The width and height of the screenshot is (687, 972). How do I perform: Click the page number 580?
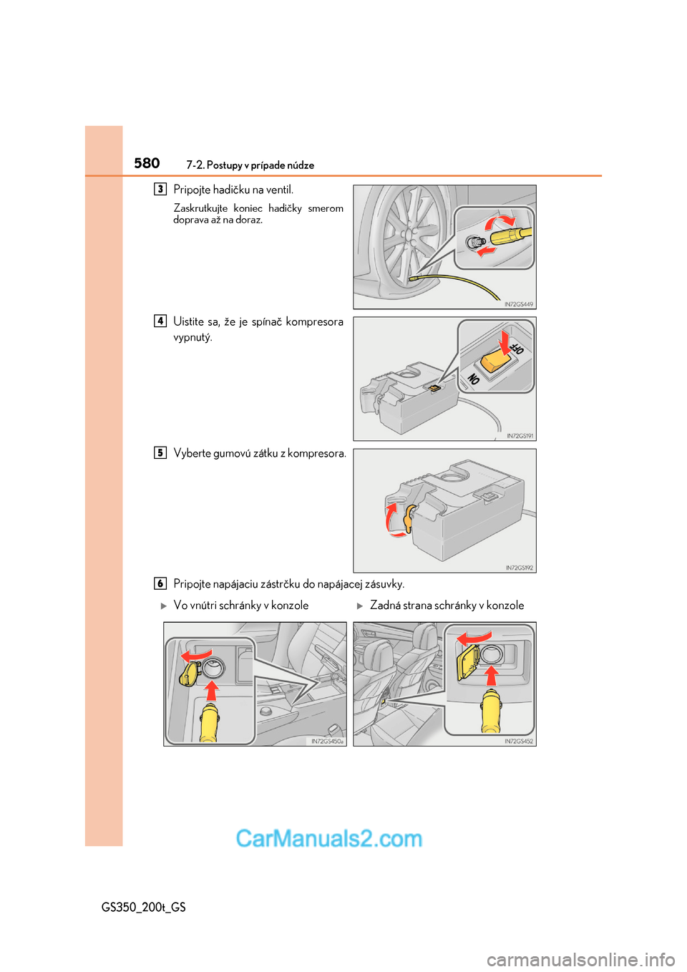tap(147, 163)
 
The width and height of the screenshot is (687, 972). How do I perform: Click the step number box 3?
tap(160, 189)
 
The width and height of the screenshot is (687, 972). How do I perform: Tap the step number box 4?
tap(160, 321)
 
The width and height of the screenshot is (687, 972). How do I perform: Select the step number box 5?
tap(160, 452)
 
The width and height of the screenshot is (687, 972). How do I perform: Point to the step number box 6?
tap(160, 583)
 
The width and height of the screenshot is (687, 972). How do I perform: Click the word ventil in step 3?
tap(280, 190)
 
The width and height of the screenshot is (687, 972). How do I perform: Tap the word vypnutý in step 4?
tap(193, 337)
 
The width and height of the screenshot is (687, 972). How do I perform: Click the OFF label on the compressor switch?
tap(517, 349)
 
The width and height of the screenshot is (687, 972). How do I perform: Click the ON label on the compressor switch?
tap(473, 379)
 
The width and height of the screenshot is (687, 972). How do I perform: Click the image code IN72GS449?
tap(518, 304)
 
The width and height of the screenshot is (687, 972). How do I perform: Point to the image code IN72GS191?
tap(520, 436)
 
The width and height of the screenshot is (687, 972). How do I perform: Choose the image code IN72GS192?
tap(519, 568)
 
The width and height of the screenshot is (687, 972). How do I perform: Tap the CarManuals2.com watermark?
tap(329, 838)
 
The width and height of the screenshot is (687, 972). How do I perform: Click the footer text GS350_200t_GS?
tap(144, 907)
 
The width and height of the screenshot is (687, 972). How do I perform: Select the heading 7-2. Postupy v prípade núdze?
tap(250, 165)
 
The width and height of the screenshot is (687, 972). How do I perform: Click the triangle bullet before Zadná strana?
tap(360, 606)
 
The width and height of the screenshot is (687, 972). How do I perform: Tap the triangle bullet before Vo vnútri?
tap(164, 606)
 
